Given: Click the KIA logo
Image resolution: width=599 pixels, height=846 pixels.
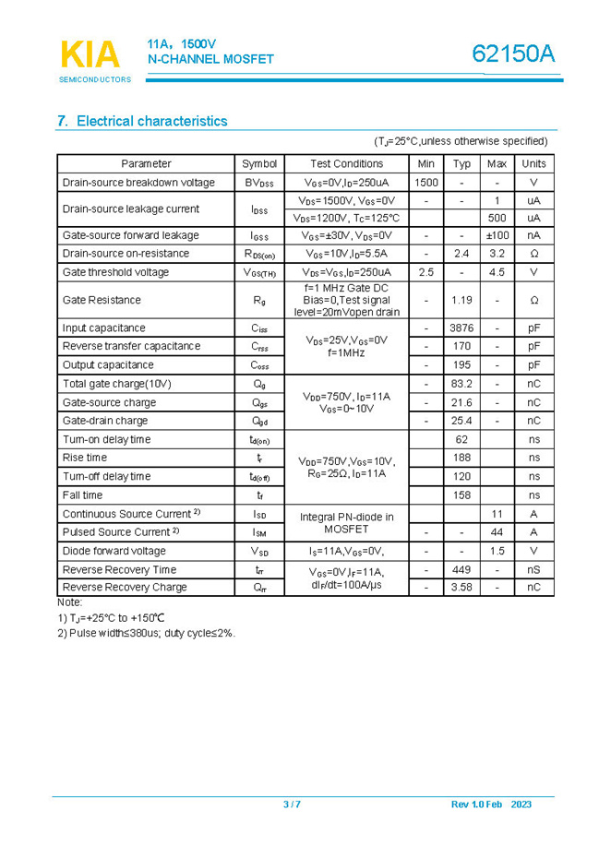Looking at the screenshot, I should (x=90, y=55).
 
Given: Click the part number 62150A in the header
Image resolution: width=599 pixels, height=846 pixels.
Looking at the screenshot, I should (x=513, y=55).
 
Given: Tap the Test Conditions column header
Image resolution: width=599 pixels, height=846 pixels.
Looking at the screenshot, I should (x=346, y=163).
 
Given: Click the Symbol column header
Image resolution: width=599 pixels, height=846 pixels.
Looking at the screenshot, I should (x=259, y=163).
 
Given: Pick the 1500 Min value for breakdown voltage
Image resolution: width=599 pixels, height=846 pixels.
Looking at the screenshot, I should (x=426, y=183).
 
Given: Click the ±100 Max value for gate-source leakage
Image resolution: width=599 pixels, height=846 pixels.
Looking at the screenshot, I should (x=497, y=235).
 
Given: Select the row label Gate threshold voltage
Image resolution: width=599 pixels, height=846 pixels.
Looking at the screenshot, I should (x=115, y=272).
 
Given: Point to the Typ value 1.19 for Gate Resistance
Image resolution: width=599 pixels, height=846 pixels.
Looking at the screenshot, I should (x=461, y=300).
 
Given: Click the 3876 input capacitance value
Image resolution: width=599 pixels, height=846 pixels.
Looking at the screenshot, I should (x=461, y=328).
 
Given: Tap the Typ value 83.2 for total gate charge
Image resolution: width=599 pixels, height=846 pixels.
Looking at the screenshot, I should (x=461, y=384).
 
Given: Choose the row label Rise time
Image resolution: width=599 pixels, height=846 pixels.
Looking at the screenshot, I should (x=85, y=458).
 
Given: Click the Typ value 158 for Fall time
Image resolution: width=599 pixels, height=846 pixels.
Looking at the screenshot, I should (x=461, y=495).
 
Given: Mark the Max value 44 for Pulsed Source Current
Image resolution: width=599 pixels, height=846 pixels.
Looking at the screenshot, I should (x=497, y=532).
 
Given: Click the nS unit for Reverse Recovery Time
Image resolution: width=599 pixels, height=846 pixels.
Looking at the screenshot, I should (x=533, y=569).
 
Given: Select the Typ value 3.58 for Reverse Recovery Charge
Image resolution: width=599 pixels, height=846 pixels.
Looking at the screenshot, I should (x=461, y=587).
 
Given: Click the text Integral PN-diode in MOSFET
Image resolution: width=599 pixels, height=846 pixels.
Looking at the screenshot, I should (x=346, y=523).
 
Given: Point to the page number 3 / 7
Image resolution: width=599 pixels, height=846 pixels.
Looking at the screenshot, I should (x=292, y=804).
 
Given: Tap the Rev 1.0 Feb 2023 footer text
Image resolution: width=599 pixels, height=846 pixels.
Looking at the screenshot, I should (x=491, y=804).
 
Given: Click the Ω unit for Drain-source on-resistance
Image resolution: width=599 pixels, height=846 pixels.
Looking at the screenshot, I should (x=533, y=254).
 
